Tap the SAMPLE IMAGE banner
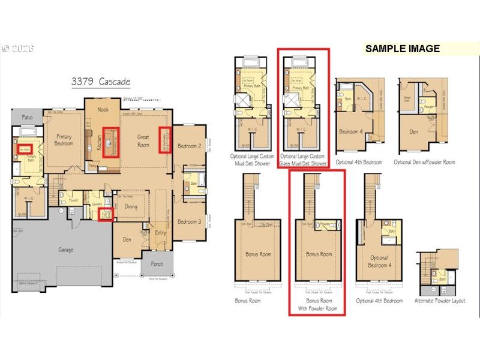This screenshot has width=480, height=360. [x=402, y=49]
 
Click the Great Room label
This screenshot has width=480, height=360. [x=143, y=140]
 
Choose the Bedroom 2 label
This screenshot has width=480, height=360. [x=189, y=146]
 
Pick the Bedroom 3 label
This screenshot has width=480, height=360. [x=189, y=221]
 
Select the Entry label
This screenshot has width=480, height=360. [x=161, y=233]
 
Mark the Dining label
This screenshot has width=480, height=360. [x=131, y=207]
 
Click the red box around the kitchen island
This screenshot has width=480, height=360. [x=111, y=142]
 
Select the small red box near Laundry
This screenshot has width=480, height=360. [x=106, y=213]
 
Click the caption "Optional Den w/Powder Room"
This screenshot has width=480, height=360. [x=424, y=162]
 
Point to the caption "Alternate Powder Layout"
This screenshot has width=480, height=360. [x=440, y=300]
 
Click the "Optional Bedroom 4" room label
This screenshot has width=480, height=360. [x=379, y=262]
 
